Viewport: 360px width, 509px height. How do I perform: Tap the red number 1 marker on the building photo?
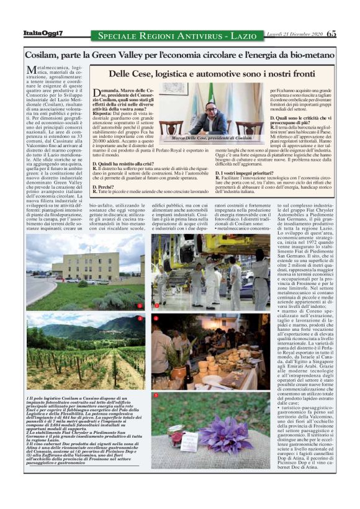[x=140, y=306]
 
